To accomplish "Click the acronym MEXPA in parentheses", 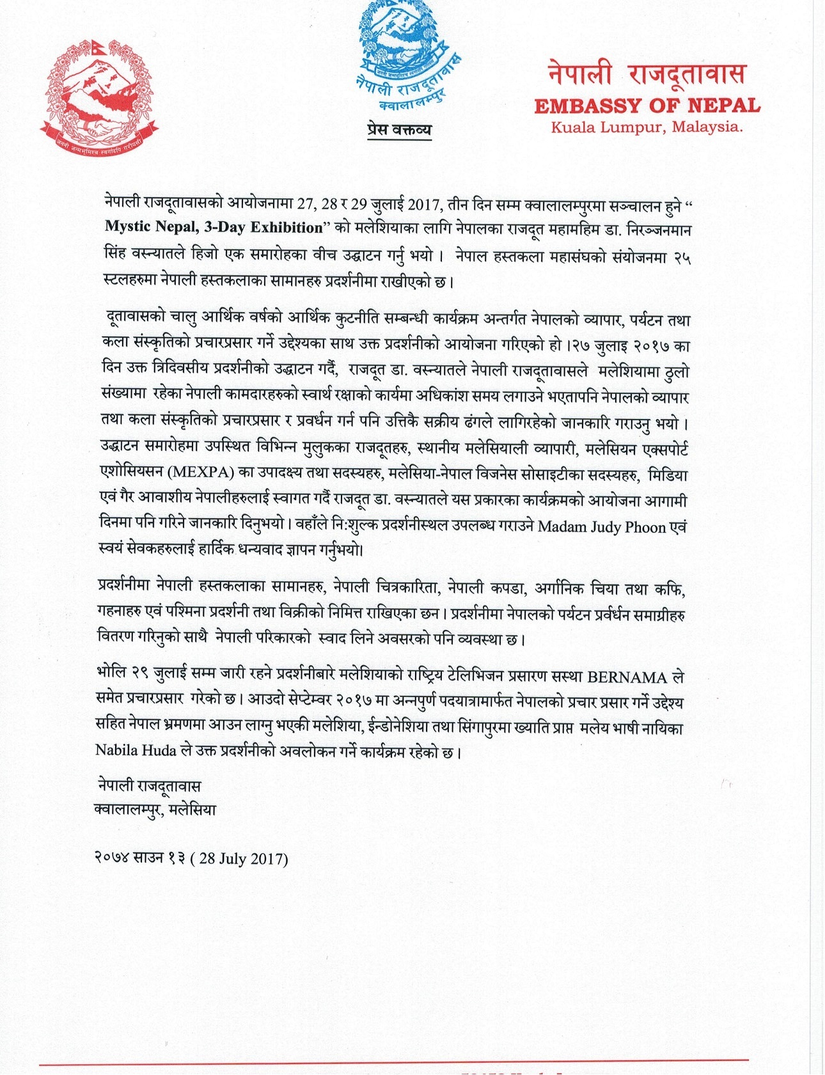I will pos(203,474).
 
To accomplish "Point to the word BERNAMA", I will pos(627,677).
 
